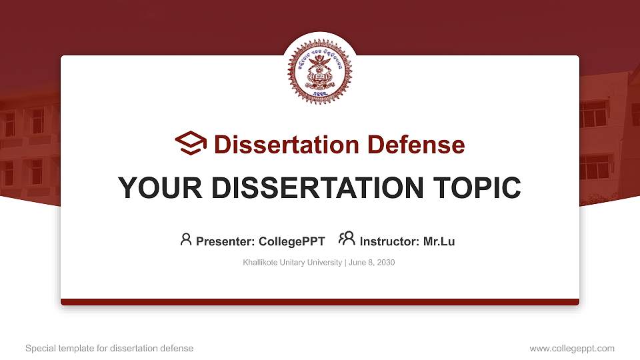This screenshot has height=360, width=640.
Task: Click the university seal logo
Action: pyautogui.click(x=319, y=71)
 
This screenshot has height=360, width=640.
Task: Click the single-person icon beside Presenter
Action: pyautogui.click(x=186, y=240)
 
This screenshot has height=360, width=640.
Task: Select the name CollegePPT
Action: pyautogui.click(x=293, y=241)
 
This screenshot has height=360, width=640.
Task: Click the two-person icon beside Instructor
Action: pyautogui.click(x=347, y=239)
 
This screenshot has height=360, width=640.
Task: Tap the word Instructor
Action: pyautogui.click(x=389, y=241)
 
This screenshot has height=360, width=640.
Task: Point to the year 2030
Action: pyautogui.click(x=386, y=263)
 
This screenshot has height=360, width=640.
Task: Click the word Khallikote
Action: pyautogui.click(x=262, y=263)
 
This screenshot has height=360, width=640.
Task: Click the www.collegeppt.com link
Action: pyautogui.click(x=572, y=348)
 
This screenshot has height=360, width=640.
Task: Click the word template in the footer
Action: pyautogui.click(x=76, y=348)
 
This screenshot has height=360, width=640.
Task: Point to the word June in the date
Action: pyautogui.click(x=357, y=263)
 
